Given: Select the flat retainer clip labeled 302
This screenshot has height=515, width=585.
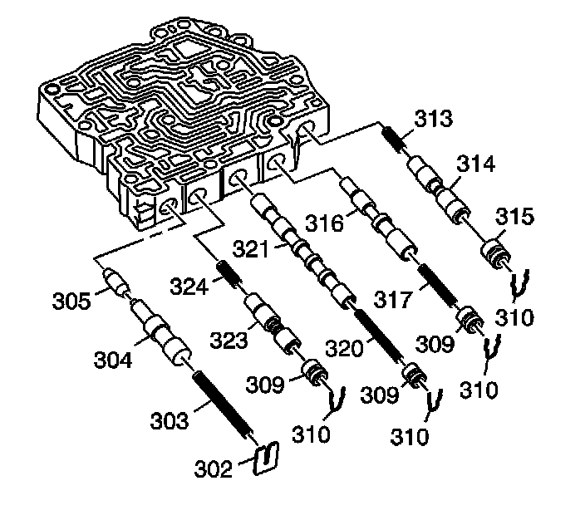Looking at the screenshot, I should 265,457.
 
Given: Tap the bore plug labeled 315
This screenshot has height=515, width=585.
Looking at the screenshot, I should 497,251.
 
